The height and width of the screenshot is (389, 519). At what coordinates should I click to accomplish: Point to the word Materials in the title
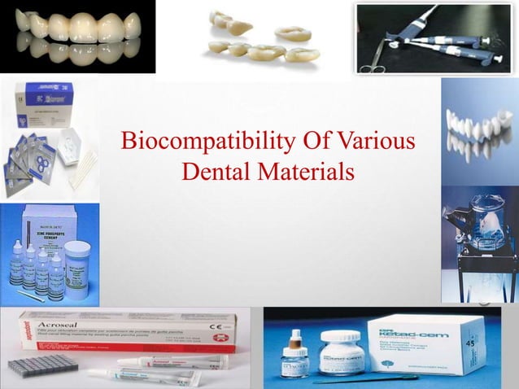point(304,172)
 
